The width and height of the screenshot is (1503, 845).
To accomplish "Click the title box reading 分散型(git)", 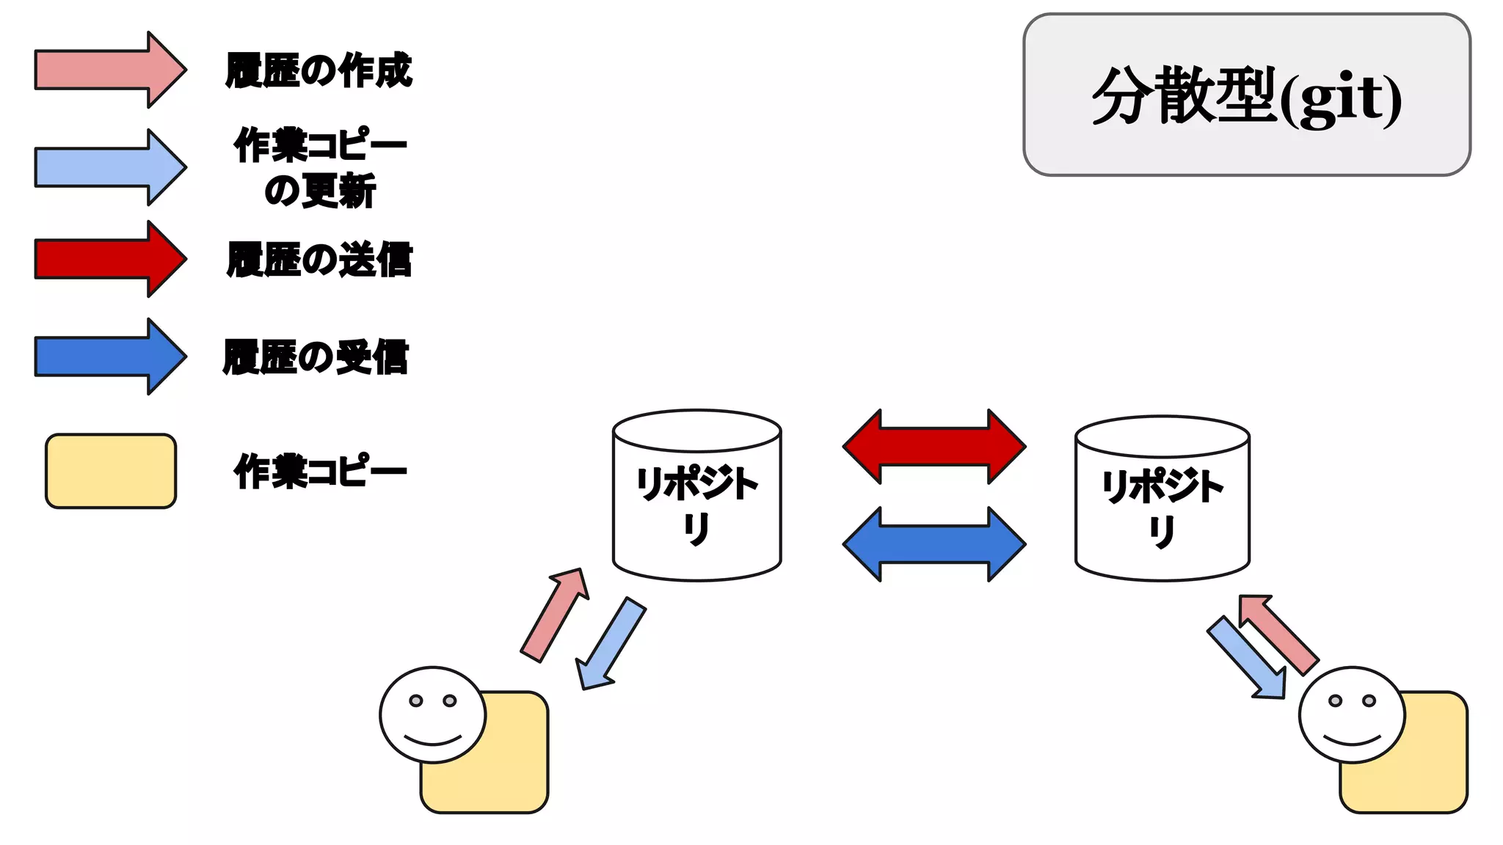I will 1246,95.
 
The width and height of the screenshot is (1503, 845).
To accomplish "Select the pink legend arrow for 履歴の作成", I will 110,70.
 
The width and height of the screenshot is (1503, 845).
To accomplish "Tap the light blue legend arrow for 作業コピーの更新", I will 110,167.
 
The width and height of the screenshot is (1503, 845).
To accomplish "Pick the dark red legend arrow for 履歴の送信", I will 110,259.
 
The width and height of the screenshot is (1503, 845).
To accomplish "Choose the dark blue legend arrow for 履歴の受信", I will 110,356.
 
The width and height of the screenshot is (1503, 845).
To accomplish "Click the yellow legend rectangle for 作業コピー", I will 111,471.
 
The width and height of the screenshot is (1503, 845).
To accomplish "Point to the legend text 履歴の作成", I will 319,70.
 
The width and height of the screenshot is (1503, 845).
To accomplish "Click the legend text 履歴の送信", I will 319,260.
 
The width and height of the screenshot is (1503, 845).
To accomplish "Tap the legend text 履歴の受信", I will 316,357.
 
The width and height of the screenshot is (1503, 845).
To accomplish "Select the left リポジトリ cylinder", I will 696,506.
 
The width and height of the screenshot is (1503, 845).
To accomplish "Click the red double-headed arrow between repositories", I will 934,446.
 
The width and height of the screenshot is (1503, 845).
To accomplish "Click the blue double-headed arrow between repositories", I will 934,544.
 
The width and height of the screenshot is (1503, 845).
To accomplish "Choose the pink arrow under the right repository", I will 1278,633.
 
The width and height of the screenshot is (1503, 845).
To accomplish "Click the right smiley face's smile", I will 1353,739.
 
